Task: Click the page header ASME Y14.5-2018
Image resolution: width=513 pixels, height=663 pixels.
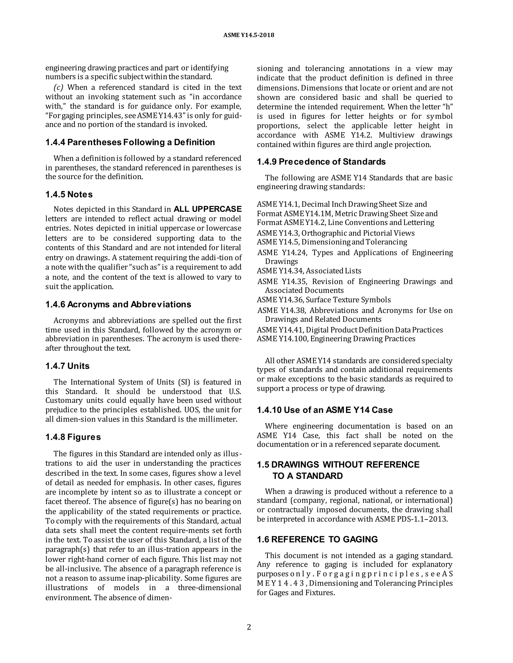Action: [248, 35]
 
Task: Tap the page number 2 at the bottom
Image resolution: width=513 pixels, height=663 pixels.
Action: [249, 627]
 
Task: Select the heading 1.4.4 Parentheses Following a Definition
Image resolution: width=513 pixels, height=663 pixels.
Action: [130, 142]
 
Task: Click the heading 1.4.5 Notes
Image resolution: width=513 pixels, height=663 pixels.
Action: [69, 194]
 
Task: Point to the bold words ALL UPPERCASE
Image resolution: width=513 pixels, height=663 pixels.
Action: [208, 209]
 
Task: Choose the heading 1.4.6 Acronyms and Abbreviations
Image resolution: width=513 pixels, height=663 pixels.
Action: [118, 304]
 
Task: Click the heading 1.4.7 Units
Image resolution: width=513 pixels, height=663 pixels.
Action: [67, 366]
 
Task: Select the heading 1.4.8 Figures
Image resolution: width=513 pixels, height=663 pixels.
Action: [73, 437]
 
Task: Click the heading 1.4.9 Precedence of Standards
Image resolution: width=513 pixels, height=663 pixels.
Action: [321, 162]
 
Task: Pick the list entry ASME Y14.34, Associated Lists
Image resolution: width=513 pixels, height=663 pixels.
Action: [309, 271]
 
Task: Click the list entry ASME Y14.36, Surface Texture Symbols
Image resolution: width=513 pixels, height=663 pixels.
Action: [324, 300]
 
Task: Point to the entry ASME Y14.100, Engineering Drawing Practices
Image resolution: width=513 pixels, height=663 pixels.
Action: [336, 339]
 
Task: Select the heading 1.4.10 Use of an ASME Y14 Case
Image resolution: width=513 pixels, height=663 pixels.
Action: [325, 410]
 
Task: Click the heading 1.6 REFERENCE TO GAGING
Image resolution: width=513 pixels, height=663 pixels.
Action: [317, 539]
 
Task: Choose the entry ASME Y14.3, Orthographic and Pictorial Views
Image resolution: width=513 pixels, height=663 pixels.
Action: [335, 233]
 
